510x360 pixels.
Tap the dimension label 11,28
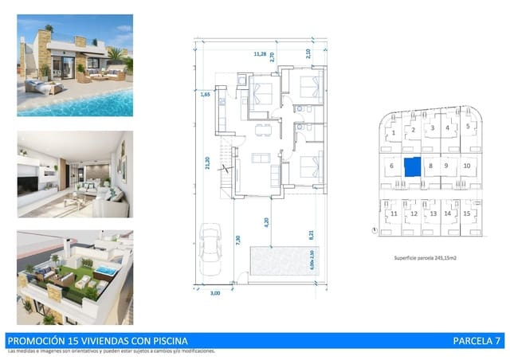coord(259,54)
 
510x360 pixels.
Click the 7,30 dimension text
coord(238,238)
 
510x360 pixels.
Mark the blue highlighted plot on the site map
coord(412,166)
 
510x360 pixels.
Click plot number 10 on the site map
coord(467,166)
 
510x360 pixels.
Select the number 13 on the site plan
coord(433,214)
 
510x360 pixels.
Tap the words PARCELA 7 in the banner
coord(477,340)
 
